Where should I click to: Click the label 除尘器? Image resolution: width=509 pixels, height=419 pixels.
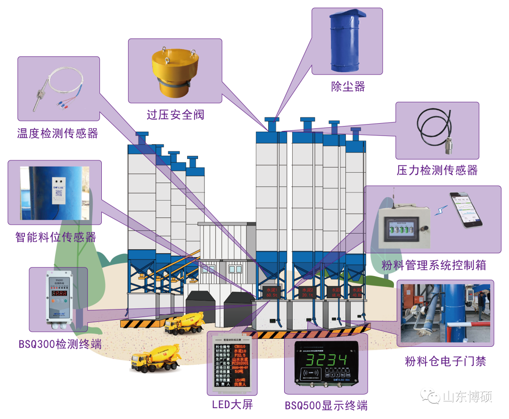tap(348, 86)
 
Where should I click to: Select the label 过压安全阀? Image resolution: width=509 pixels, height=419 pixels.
tap(175, 115)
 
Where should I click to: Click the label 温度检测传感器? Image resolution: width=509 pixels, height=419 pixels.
tap(57, 134)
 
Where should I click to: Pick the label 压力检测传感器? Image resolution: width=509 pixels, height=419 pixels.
tap(437, 170)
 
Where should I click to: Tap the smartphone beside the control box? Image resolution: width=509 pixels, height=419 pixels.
tap(466, 210)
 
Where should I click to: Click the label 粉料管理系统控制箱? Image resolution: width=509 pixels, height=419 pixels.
tap(434, 265)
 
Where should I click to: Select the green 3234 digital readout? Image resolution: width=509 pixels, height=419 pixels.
tap(327, 360)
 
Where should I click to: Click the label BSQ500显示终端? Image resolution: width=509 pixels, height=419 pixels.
tap(326, 405)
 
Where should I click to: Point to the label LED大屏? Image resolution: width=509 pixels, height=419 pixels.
tap(232, 404)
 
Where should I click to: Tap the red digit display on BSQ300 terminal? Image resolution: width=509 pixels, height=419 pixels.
tap(59, 293)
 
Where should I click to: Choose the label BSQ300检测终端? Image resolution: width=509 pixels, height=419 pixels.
tap(60, 344)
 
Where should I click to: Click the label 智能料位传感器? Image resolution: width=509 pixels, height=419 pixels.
tap(55, 237)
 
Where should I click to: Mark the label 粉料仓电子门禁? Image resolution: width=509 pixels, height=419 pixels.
tap(445, 361)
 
